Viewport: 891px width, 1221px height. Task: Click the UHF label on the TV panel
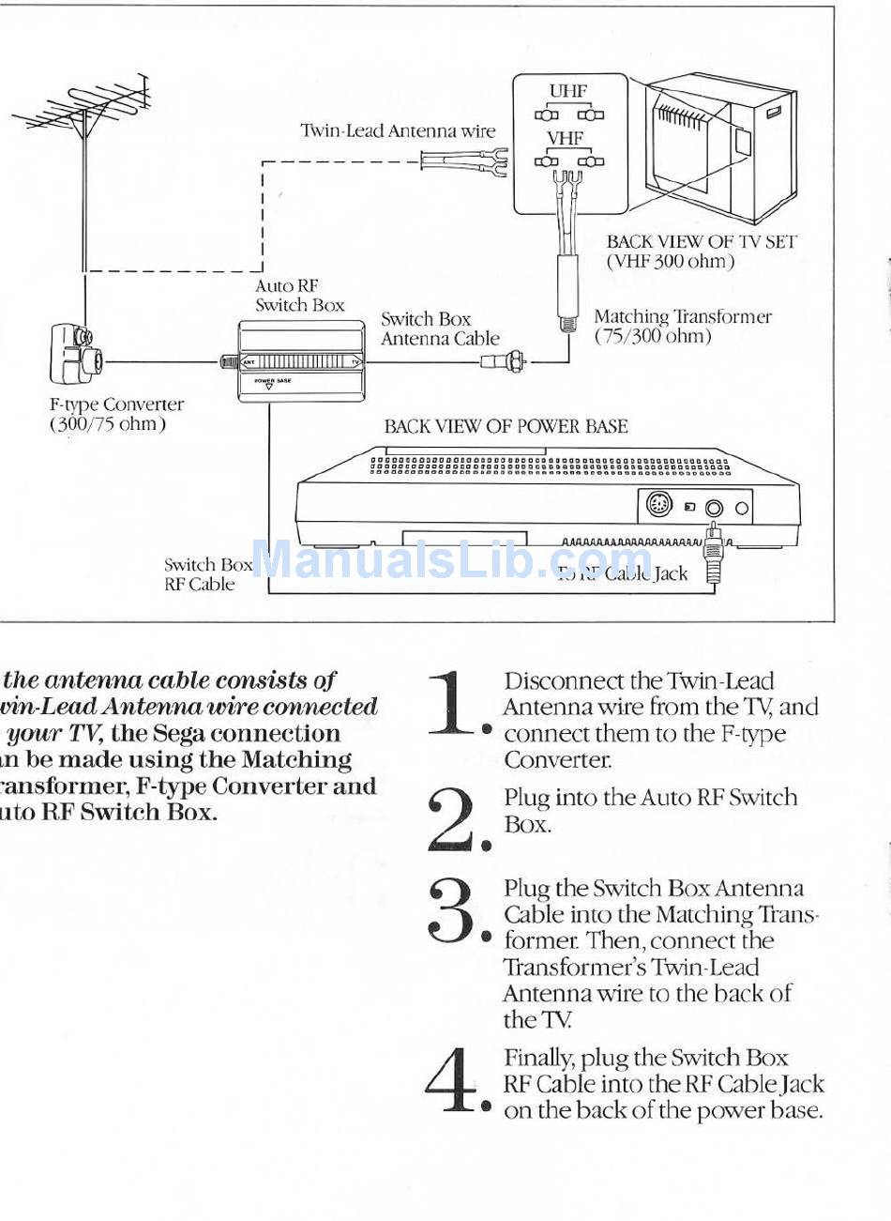tap(567, 92)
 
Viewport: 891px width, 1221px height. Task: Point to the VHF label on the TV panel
tap(566, 139)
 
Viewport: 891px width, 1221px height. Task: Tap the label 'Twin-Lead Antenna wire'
tap(397, 131)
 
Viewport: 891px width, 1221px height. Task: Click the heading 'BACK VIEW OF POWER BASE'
tap(506, 427)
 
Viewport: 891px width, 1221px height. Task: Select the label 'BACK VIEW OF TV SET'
tap(701, 242)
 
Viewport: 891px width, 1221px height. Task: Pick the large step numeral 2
tap(453, 818)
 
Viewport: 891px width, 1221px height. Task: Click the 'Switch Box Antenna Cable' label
tap(439, 329)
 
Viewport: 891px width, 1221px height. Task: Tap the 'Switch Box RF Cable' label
tap(207, 574)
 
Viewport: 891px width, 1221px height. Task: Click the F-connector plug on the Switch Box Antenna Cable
tap(504, 360)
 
